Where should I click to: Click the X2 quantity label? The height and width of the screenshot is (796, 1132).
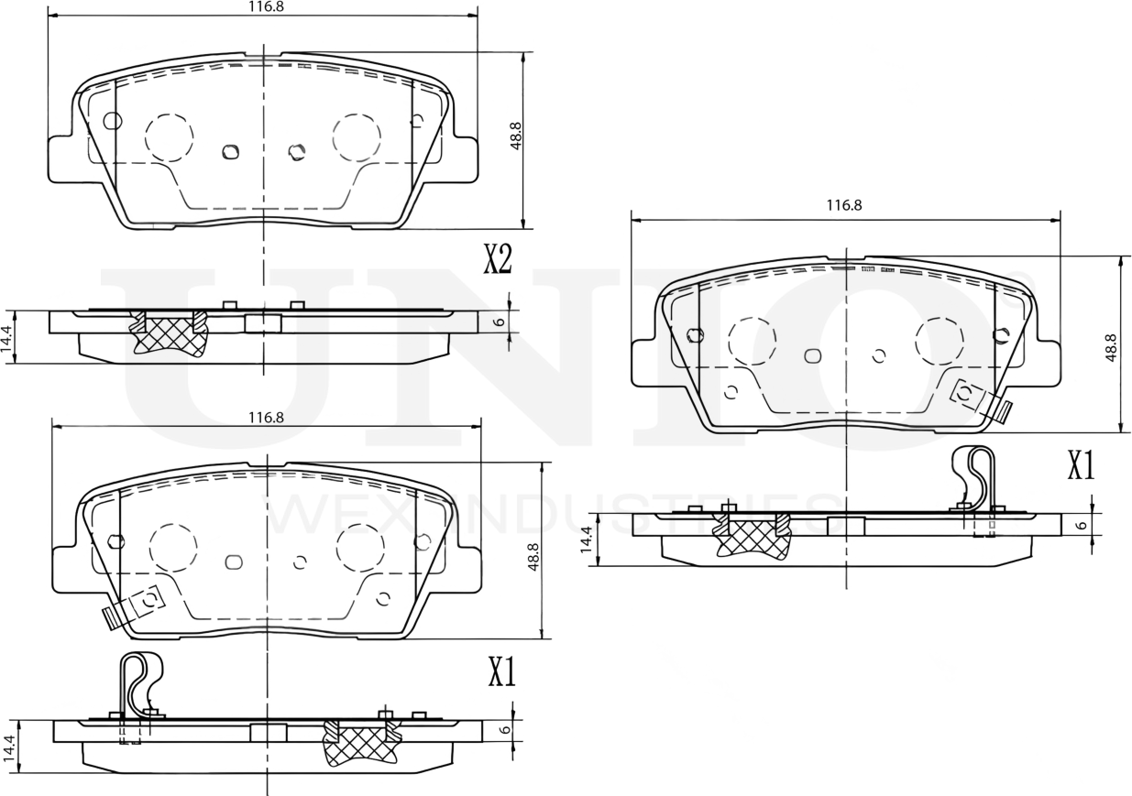point(497,260)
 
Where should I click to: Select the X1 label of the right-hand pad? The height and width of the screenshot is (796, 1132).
point(1081,466)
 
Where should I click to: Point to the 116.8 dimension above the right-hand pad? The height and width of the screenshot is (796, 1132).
point(843,207)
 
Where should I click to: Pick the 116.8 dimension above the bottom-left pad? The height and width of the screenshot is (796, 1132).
point(266,417)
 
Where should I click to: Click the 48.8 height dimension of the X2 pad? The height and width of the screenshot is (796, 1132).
point(516,136)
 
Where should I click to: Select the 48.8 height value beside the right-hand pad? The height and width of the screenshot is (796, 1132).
point(1111,348)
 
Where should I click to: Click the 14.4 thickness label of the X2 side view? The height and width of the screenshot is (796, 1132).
point(7,338)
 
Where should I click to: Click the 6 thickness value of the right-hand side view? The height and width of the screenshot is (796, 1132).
point(1083,525)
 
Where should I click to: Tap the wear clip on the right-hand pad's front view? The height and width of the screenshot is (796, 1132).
point(978,399)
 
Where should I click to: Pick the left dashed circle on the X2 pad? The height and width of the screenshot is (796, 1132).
point(169,138)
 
